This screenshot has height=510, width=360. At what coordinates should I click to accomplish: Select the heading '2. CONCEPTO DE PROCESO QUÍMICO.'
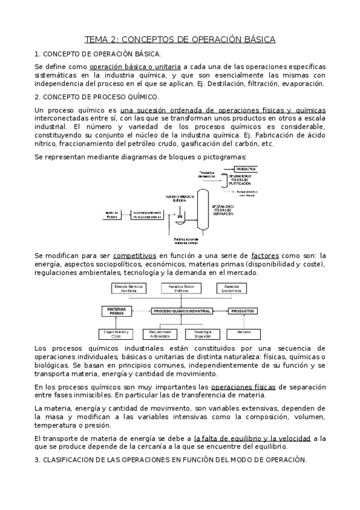(x=97, y=97)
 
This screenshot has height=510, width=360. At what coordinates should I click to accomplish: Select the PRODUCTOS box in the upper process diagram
(x=247, y=170)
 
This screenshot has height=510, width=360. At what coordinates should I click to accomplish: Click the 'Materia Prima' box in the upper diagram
(x=112, y=214)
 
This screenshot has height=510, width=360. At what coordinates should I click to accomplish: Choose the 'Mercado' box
(x=243, y=332)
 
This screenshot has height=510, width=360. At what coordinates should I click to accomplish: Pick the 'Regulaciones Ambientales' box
(x=160, y=333)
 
